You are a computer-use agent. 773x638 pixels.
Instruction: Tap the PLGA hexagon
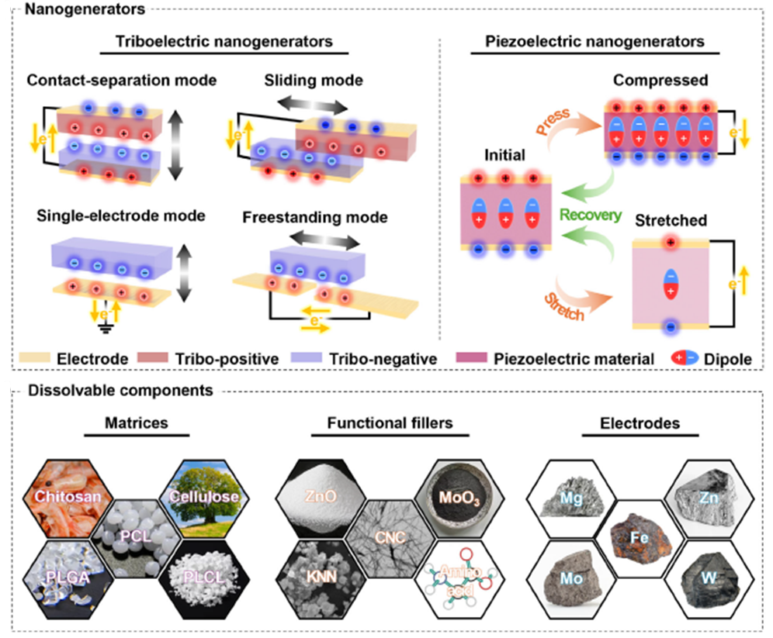(x=68, y=579)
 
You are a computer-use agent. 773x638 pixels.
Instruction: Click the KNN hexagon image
(x=321, y=579)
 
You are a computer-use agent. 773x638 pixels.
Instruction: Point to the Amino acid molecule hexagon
(x=459, y=579)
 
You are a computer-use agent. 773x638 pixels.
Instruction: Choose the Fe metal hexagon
(x=640, y=539)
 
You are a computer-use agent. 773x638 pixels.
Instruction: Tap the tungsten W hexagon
(x=709, y=579)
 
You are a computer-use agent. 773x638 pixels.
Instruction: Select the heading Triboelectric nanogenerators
(x=224, y=41)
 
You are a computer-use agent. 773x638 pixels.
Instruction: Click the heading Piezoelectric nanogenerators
(x=594, y=41)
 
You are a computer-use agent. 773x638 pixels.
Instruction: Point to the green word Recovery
(x=590, y=216)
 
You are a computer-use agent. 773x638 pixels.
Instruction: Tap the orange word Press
(x=553, y=121)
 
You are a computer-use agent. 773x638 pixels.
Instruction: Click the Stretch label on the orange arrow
(x=564, y=307)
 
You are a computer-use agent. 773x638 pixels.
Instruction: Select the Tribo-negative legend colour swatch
(x=306, y=357)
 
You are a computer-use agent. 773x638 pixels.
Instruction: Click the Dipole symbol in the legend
(x=685, y=358)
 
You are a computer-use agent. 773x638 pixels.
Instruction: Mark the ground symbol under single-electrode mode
(x=105, y=328)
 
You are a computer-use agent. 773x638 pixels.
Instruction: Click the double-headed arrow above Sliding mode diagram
(x=313, y=105)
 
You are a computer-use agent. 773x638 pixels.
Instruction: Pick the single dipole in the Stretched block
(x=671, y=284)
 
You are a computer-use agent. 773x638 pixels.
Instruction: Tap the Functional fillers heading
(x=390, y=422)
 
